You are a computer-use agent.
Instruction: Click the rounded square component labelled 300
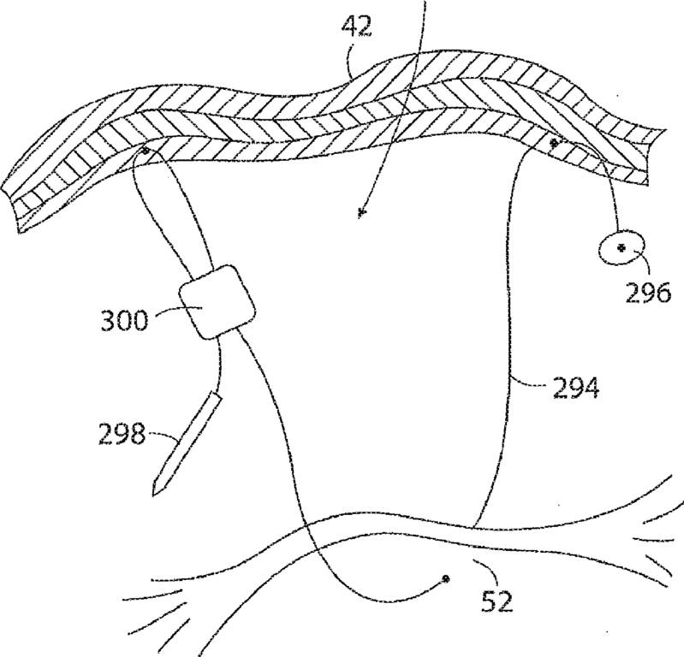[x=217, y=302]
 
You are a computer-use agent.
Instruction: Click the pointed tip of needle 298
[x=157, y=494]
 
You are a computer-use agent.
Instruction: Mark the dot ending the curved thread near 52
[x=445, y=579]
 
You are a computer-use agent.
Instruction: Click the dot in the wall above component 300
[x=146, y=151]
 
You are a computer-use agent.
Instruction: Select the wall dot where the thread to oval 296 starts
[x=555, y=143]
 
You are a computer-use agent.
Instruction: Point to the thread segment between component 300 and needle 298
[x=219, y=367]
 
